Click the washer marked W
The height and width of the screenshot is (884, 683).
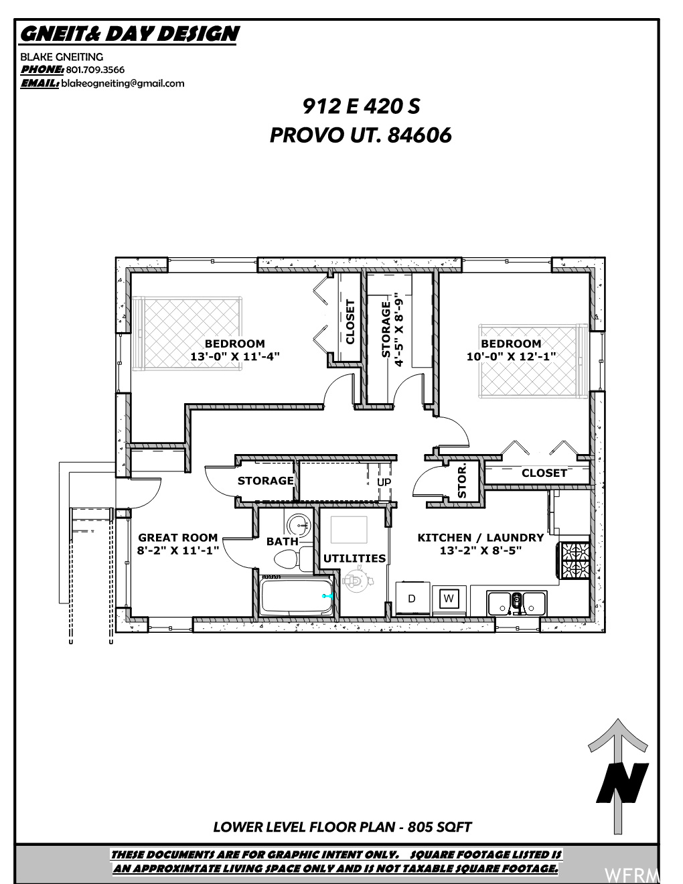449,599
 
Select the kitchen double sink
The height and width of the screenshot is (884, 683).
516,603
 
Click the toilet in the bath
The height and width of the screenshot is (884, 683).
293,559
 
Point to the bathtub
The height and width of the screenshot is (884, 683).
297,597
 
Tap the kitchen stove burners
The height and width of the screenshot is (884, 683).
575,561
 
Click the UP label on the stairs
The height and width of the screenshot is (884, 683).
384,482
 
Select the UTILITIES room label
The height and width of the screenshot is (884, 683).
354,558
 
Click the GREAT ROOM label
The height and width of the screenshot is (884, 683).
177,537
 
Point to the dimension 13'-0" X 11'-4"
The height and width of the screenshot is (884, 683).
235,356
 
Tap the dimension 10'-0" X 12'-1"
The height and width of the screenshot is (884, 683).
511,356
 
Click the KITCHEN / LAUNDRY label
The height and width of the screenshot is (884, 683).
480,537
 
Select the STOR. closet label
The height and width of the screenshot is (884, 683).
462,482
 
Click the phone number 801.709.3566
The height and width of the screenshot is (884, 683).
95,70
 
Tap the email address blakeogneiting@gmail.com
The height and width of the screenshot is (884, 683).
123,84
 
